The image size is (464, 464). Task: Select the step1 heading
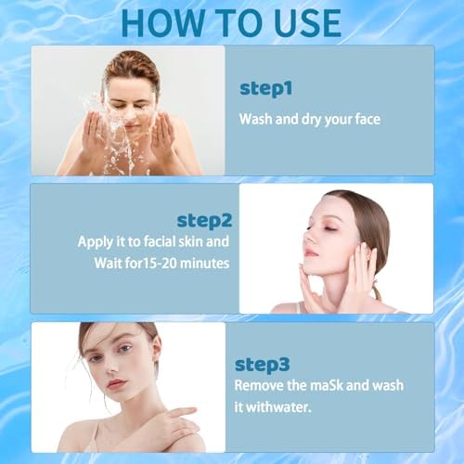[x=266, y=88]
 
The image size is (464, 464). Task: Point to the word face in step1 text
[x=362, y=119]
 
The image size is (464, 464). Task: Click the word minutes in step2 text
[x=198, y=262]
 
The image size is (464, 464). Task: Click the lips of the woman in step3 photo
[x=116, y=383]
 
